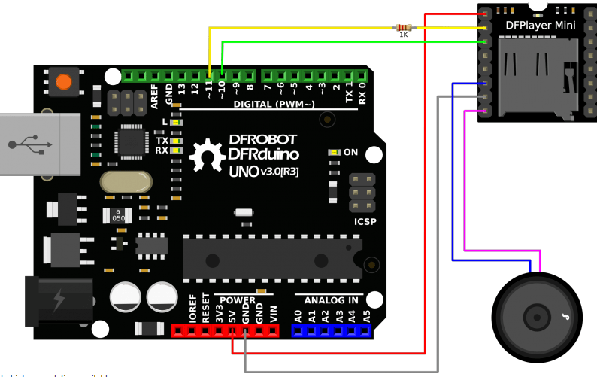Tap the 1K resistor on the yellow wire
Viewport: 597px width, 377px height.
click(404, 28)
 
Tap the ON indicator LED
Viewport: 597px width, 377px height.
click(333, 152)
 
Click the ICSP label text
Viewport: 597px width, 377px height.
click(365, 222)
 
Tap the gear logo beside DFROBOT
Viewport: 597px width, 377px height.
click(205, 157)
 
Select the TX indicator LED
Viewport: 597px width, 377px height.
click(175, 141)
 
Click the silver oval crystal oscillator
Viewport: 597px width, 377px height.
click(125, 182)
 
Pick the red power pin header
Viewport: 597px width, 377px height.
click(226, 330)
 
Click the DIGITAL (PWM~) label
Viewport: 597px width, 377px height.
click(274, 104)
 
